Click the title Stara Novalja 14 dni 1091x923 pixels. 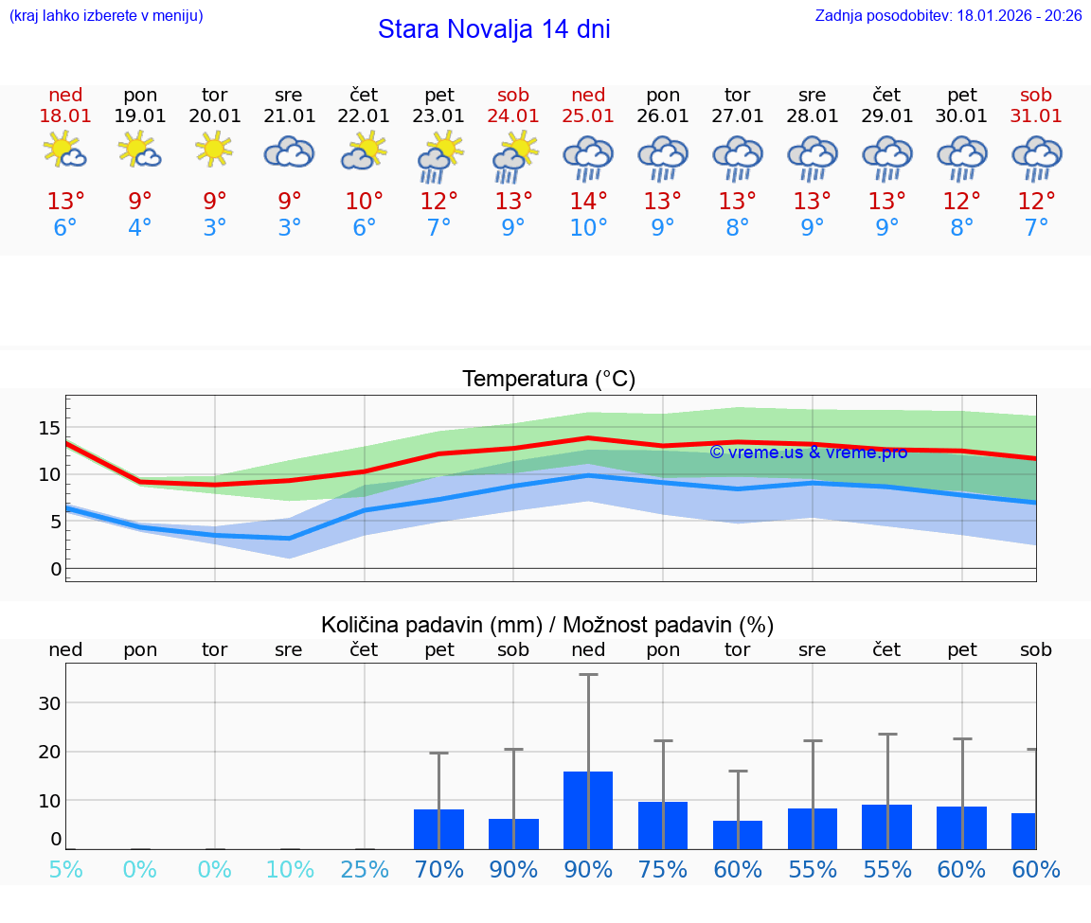[493, 29]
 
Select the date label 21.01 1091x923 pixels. [289, 115]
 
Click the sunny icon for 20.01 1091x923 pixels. [214, 150]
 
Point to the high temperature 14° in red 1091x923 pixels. [588, 202]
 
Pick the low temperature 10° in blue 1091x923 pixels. [588, 227]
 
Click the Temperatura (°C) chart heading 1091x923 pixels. [548, 380]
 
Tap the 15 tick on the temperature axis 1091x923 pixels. [49, 428]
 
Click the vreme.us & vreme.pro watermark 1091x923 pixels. [808, 453]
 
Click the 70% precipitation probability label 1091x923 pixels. [438, 870]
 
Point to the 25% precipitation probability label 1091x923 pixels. [365, 870]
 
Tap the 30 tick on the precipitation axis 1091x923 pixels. [49, 703]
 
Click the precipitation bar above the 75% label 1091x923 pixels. [663, 825]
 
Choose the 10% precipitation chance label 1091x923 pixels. [290, 870]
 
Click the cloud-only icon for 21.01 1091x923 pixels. [289, 151]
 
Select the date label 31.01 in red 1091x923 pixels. [1036, 115]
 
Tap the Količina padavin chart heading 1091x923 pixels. [547, 625]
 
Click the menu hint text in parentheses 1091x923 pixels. [106, 16]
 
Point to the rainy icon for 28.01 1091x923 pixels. [812, 157]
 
